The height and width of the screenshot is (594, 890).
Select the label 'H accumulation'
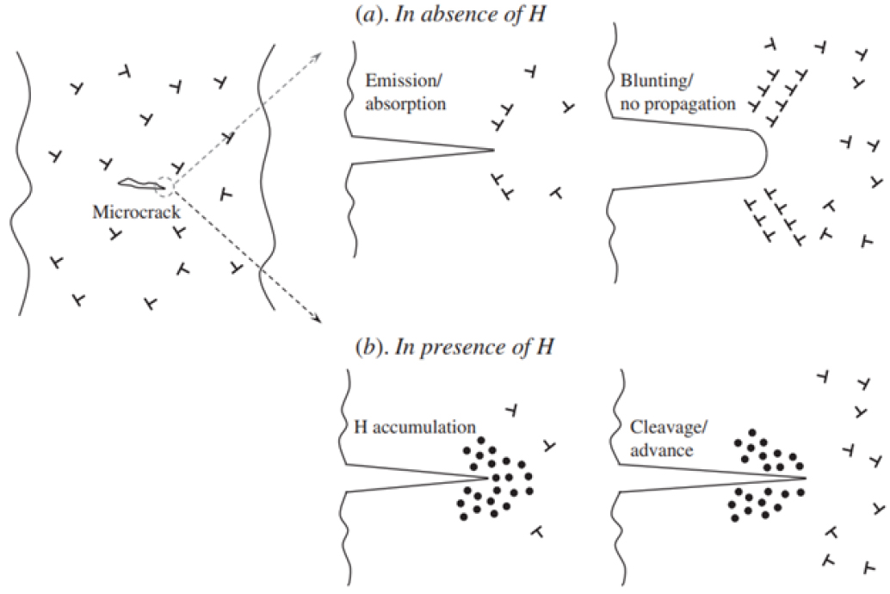click(417, 426)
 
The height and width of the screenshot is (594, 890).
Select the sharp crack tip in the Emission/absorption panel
click(493, 150)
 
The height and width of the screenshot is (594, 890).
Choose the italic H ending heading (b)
click(546, 349)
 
